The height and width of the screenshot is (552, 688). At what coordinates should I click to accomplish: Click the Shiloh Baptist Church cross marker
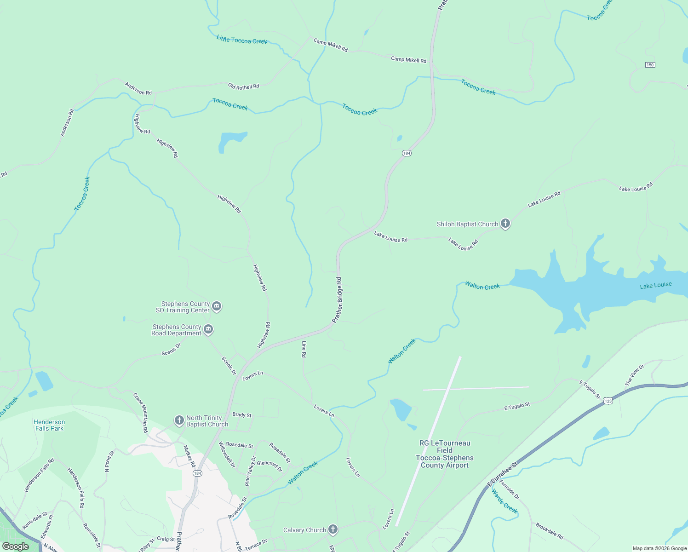[x=505, y=224]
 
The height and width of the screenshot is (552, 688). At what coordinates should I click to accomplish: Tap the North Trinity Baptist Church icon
[x=179, y=420]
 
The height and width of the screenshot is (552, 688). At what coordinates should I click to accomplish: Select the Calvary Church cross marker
[x=333, y=530]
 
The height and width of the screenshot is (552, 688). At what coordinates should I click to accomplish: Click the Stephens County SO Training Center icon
[x=217, y=306]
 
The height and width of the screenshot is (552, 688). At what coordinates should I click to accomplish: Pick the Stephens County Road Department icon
[x=208, y=329]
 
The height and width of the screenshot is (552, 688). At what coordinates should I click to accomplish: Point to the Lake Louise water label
[x=655, y=286]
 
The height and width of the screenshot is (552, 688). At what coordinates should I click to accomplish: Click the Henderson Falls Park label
[x=49, y=425]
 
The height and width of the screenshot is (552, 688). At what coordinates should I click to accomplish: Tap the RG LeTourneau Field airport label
[x=445, y=454]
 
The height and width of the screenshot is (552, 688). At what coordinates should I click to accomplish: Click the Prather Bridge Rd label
[x=338, y=300]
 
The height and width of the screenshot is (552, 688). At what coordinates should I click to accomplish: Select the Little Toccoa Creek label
[x=242, y=40]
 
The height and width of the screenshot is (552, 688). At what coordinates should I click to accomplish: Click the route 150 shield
[x=649, y=65]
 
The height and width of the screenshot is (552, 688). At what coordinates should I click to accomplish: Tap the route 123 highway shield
[x=608, y=401]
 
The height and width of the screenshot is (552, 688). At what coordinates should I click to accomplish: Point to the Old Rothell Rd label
[x=243, y=86]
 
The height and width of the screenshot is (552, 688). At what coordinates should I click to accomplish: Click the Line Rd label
[x=304, y=349]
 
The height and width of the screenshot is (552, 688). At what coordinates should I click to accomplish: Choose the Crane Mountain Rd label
[x=141, y=412]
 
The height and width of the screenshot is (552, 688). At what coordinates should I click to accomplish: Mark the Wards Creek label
[x=505, y=501]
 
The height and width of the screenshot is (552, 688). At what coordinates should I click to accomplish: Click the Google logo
[x=15, y=546]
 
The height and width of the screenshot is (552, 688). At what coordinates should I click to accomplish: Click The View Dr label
[x=635, y=375]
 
